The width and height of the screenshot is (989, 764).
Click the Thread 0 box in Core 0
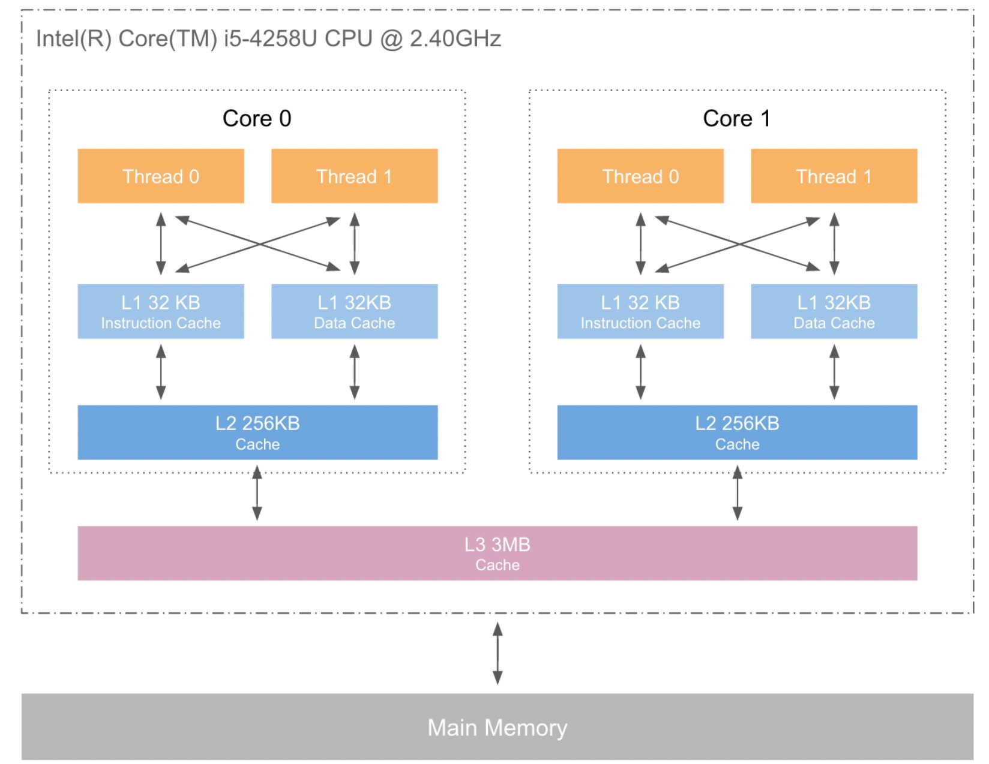(x=161, y=176)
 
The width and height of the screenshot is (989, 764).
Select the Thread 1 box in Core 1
(x=834, y=176)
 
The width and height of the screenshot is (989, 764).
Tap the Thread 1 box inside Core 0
(x=355, y=176)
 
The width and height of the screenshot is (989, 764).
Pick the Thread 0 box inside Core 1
(x=640, y=176)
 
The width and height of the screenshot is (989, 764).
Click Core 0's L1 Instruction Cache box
(x=161, y=311)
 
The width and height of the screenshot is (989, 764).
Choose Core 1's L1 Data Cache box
(x=834, y=311)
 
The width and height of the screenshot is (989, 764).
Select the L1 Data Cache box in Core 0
(x=355, y=311)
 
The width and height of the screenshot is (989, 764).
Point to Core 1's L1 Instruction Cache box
(x=640, y=311)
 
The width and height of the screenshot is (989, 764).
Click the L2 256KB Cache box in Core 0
(x=257, y=432)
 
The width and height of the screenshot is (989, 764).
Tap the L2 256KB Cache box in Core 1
(x=738, y=432)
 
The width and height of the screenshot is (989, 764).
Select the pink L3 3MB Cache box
(x=498, y=553)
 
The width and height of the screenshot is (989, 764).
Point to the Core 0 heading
(x=257, y=118)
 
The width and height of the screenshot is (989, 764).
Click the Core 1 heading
(x=737, y=118)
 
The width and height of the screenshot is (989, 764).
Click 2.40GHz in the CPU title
(x=455, y=38)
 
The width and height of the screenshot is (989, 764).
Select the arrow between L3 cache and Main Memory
(x=498, y=653)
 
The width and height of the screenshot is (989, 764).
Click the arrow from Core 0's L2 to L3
(x=257, y=493)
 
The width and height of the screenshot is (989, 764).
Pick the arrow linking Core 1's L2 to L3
(x=738, y=493)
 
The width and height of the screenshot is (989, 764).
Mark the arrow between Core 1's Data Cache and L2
(x=834, y=372)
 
